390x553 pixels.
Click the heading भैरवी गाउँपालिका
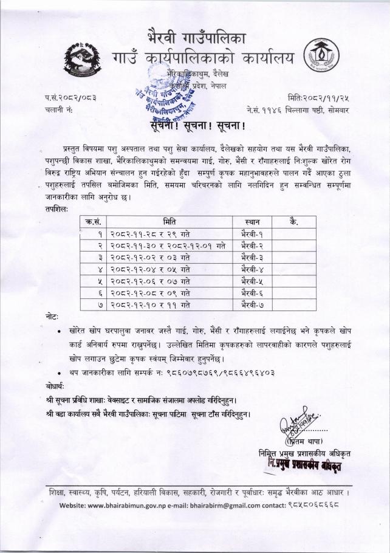pos(197,35)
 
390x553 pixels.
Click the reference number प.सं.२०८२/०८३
pos(70,97)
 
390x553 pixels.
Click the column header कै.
pos(294,221)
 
